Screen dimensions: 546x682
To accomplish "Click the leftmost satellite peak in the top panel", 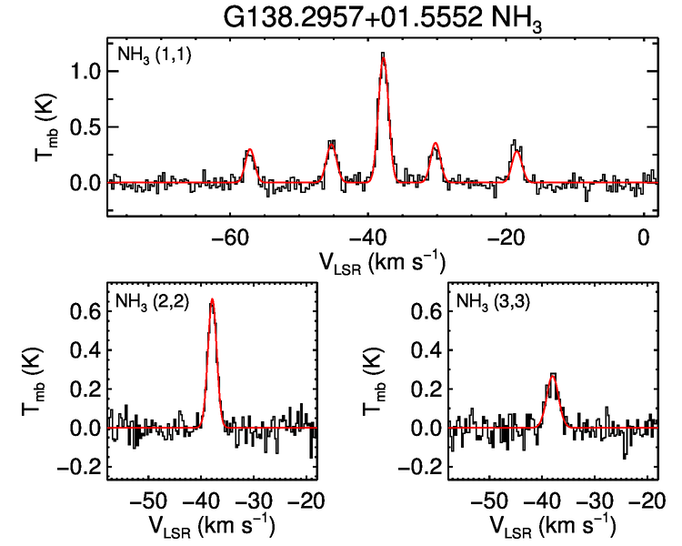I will [248, 152].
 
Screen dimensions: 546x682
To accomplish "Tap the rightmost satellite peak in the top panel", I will [516, 146].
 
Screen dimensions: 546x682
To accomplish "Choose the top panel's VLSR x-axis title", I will [382, 263].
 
